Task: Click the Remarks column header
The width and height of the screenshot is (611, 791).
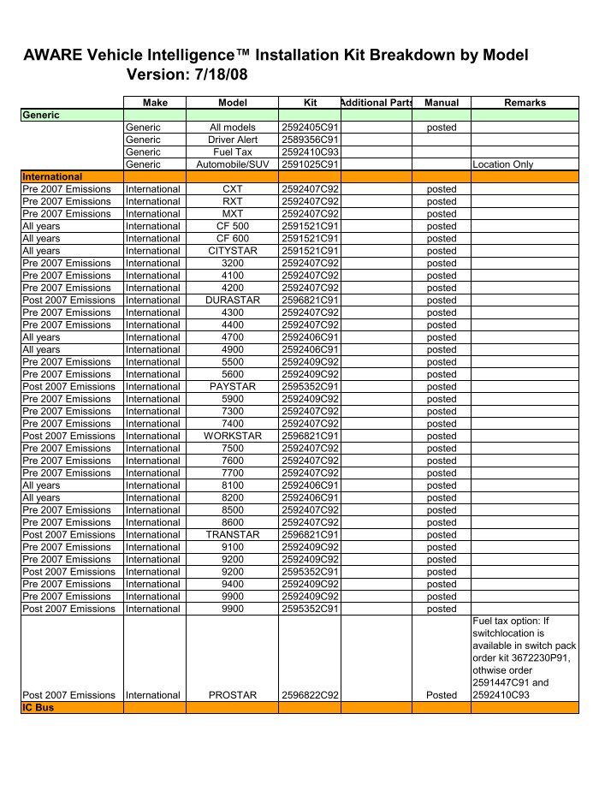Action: pyautogui.click(x=525, y=103)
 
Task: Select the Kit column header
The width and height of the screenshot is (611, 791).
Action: pyautogui.click(x=310, y=103)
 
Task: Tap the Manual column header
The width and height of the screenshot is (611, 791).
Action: pyautogui.click(x=442, y=103)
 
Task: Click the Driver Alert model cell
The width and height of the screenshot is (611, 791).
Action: pyautogui.click(x=233, y=140)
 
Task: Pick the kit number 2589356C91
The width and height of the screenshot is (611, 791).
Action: pyautogui.click(x=310, y=140)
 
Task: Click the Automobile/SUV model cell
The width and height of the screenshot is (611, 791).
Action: pyautogui.click(x=233, y=164)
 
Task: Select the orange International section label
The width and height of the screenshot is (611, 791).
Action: pyautogui.click(x=52, y=176)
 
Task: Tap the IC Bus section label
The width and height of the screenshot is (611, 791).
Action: pyautogui.click(x=38, y=707)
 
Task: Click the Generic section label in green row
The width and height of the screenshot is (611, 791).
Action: pyautogui.click(x=41, y=115)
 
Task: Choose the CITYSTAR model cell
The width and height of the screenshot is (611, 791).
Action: pyautogui.click(x=233, y=251)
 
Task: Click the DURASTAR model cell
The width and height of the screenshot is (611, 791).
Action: pyautogui.click(x=233, y=300)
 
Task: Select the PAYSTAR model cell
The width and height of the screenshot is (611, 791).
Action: pyautogui.click(x=233, y=387)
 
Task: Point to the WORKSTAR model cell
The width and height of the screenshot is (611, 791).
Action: pyautogui.click(x=233, y=436)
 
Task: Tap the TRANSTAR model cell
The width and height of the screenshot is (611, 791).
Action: pyautogui.click(x=233, y=535)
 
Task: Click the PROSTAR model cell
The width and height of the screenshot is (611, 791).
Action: pyautogui.click(x=233, y=695)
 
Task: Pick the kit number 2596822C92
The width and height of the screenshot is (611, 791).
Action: pyautogui.click(x=310, y=695)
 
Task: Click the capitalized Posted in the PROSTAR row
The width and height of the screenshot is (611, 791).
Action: pyautogui.click(x=442, y=695)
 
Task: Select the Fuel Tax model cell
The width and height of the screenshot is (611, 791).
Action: pyautogui.click(x=233, y=152)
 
